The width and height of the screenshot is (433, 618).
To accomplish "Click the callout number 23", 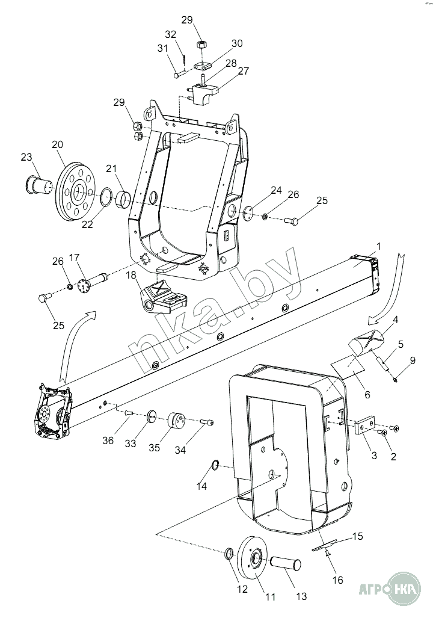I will (x=26, y=158).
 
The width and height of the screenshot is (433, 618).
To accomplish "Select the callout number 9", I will (x=412, y=360).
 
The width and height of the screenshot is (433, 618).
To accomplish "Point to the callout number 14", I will (x=202, y=486).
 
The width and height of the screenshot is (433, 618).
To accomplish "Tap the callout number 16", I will (x=337, y=580).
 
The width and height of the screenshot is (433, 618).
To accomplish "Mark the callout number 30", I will (x=237, y=43).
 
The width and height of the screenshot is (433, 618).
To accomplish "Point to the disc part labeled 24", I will (x=247, y=214).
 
